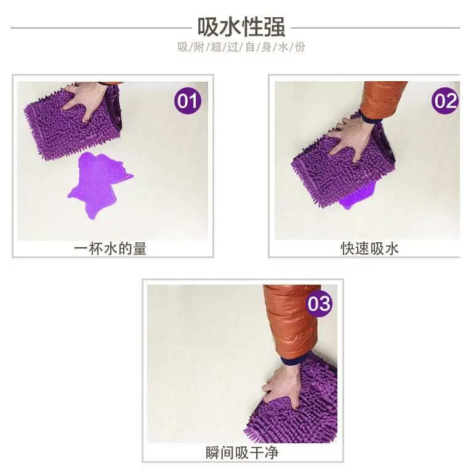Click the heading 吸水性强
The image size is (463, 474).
[x=241, y=26]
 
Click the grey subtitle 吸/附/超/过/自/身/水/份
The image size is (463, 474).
[x=241, y=47]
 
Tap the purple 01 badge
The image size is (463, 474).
[x=188, y=101]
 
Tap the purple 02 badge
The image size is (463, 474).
[x=445, y=101]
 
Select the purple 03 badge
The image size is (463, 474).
[x=319, y=304]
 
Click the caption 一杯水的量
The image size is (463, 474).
[x=110, y=248]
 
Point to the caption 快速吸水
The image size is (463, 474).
[x=369, y=248]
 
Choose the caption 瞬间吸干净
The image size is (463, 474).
[x=241, y=452]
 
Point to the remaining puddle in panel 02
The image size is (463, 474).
[x=357, y=198]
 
